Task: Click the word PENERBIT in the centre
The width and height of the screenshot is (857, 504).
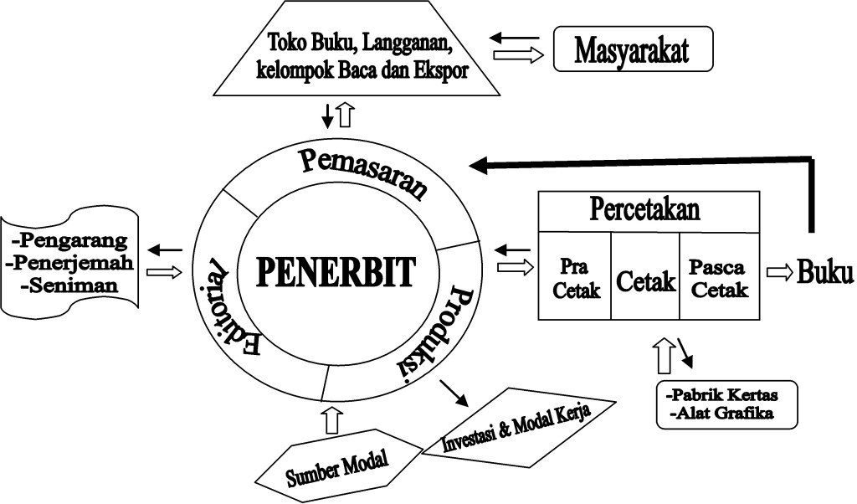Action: tap(335, 271)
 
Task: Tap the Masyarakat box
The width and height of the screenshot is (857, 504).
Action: tap(632, 50)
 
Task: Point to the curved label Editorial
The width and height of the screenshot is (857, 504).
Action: tap(229, 311)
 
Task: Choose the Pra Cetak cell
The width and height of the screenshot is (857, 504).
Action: tap(573, 279)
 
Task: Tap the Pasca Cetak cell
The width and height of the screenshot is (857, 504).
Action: tap(718, 279)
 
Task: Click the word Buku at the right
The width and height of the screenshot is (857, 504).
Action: tap(825, 272)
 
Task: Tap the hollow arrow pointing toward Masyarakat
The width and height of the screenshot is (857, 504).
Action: tap(519, 55)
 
